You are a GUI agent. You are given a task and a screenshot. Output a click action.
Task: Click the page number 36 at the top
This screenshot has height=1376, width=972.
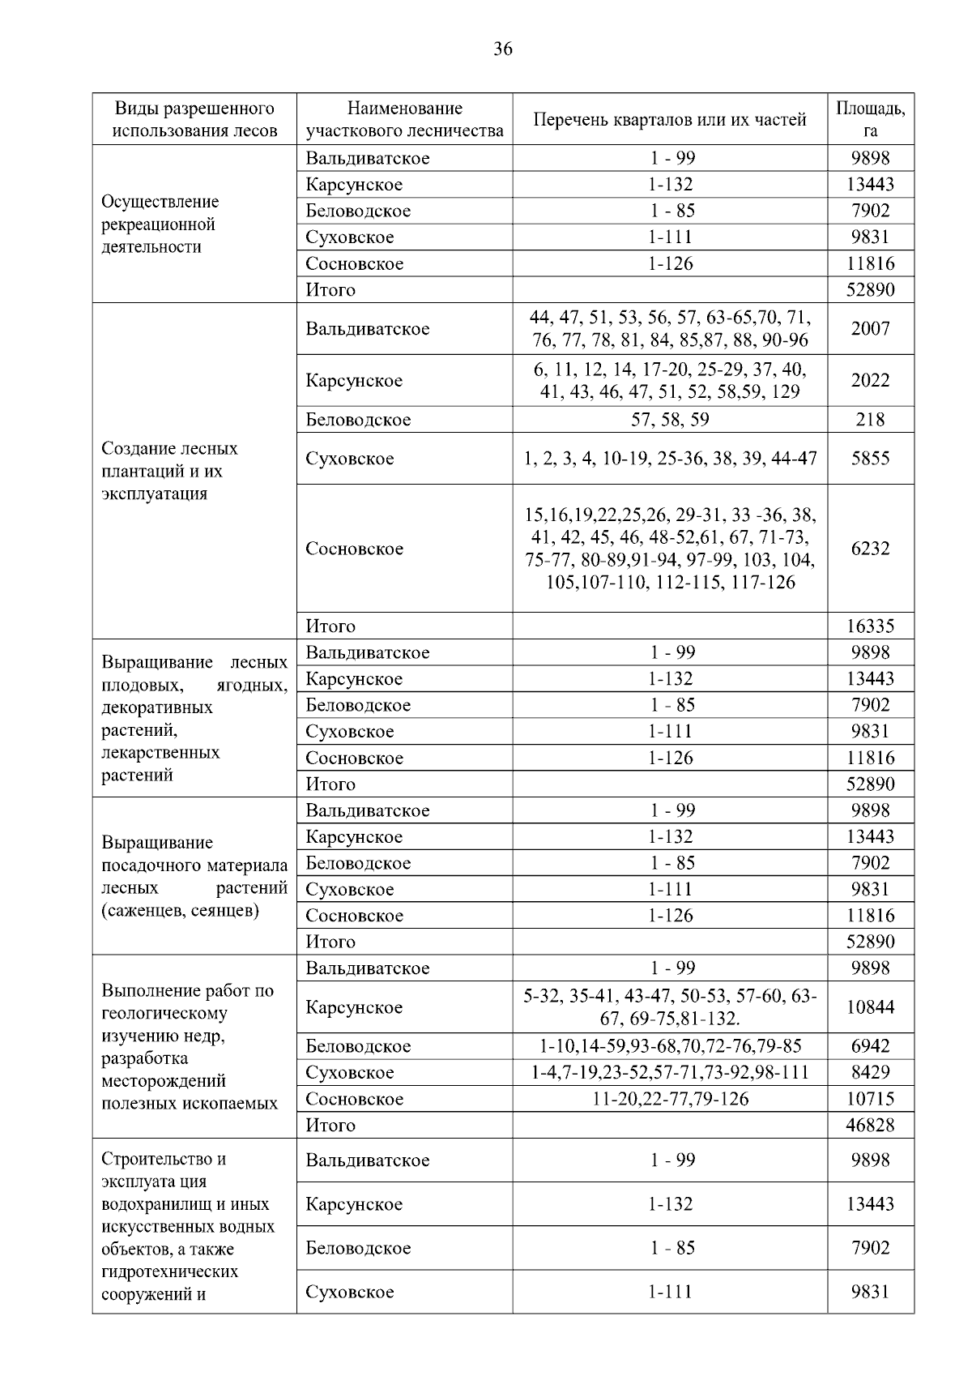[x=502, y=49]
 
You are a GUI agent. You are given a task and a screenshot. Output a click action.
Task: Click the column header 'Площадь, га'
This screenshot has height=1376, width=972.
[x=870, y=119]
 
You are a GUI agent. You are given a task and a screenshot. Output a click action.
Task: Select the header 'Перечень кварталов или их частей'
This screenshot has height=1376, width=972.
[x=670, y=120]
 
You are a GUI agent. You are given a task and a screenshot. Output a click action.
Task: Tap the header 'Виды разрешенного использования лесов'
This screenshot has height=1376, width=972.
[x=194, y=119]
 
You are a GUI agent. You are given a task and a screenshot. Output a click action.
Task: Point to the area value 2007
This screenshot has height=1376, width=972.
[x=870, y=329]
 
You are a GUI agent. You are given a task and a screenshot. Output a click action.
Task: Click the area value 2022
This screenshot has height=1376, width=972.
[x=870, y=381]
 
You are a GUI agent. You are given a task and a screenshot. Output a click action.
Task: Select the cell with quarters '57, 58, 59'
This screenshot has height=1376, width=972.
[x=670, y=420]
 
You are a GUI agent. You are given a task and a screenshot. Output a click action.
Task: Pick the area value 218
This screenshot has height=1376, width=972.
[x=870, y=420]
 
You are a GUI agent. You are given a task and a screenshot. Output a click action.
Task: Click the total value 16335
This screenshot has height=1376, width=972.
[x=870, y=626]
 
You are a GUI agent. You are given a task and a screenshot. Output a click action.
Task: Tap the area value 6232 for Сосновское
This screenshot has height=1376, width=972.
[x=870, y=549]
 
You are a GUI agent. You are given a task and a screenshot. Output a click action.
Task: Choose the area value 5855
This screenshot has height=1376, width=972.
[x=870, y=459]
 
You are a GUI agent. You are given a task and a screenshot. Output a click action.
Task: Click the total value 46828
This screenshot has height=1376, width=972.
[x=870, y=1125]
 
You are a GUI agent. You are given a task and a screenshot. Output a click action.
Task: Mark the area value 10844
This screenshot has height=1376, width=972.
[x=870, y=1007]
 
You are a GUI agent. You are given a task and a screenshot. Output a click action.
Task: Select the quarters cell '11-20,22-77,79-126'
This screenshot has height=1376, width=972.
[x=670, y=1099]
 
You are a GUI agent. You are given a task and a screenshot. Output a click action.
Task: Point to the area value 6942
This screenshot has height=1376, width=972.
[x=870, y=1046]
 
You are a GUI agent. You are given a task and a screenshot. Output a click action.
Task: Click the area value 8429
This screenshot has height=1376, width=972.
[x=870, y=1073]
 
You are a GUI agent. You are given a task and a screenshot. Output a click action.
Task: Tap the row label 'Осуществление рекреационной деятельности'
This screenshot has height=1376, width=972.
[x=160, y=224]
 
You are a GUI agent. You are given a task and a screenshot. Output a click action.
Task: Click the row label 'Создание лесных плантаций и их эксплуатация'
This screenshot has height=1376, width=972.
[x=170, y=472]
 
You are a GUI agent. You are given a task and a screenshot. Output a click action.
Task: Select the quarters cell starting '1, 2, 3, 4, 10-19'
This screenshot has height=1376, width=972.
[x=670, y=459]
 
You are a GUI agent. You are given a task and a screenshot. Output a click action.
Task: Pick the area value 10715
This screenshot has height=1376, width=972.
[x=870, y=1099]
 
